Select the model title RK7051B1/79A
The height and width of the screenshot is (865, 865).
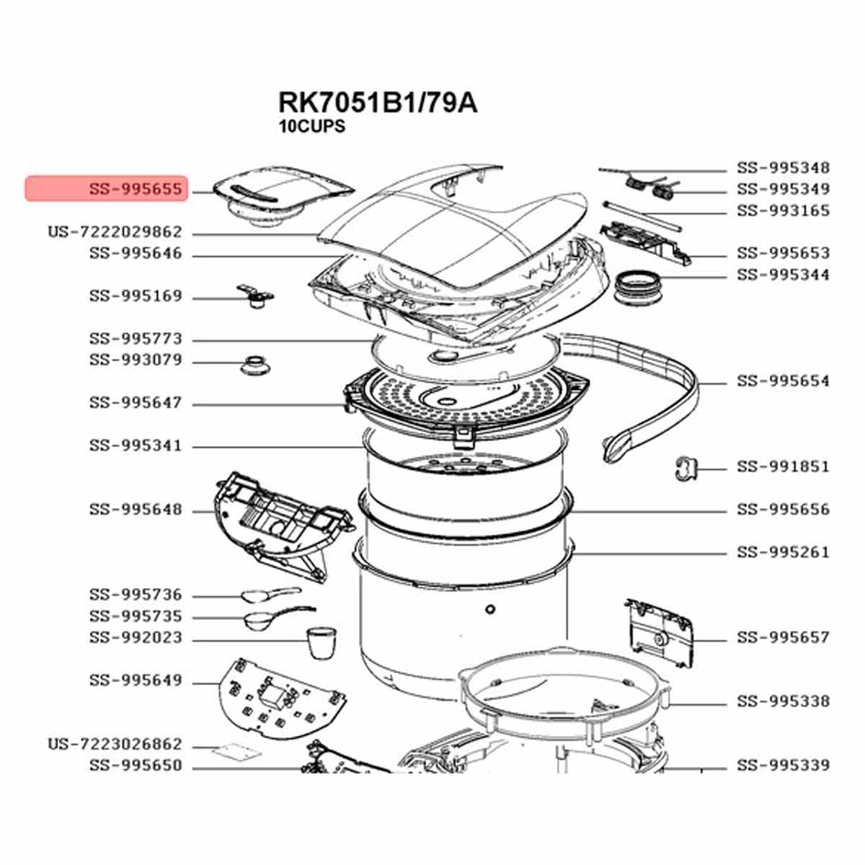(x=377, y=102)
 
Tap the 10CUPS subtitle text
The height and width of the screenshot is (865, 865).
(x=312, y=126)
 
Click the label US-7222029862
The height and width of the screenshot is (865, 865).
(x=115, y=232)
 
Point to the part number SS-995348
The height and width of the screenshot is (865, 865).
(x=783, y=168)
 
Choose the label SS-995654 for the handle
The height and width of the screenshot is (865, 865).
(x=783, y=381)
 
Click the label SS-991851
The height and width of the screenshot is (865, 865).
(x=783, y=467)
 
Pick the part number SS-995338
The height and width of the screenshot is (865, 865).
(x=783, y=701)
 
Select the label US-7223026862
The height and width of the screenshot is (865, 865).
(x=115, y=744)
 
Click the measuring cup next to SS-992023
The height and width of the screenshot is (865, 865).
(x=321, y=642)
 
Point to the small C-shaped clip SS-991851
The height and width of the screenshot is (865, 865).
(x=685, y=467)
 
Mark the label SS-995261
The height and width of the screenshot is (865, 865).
(x=783, y=553)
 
